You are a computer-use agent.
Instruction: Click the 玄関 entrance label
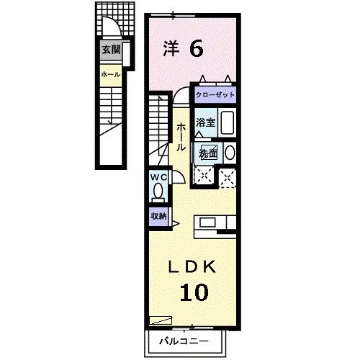[x=111, y=50]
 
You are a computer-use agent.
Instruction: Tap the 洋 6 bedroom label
[x=184, y=49]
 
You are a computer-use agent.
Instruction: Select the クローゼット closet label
[x=215, y=95]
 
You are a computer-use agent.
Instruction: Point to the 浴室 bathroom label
[x=205, y=122]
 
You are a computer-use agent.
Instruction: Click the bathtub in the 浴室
[x=228, y=122]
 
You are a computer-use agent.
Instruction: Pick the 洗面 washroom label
[x=208, y=153]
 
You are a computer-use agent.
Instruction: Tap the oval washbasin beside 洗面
[x=230, y=153]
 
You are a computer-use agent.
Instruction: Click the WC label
[x=158, y=178]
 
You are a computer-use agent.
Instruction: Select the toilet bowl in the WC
[x=158, y=192]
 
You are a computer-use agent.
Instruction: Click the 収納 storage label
[x=158, y=216]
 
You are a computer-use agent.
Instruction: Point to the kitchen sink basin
[x=208, y=222]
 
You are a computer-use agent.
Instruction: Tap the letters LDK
[x=192, y=266]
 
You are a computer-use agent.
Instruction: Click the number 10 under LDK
[x=194, y=292]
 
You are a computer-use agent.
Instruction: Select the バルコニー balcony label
[x=184, y=341]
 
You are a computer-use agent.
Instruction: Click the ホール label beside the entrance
[x=110, y=75]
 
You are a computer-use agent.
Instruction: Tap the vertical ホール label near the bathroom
[x=181, y=137]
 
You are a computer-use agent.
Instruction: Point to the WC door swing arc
[x=181, y=174]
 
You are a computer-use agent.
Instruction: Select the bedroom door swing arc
[x=179, y=91]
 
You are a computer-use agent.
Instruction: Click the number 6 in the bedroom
[x=197, y=49]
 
